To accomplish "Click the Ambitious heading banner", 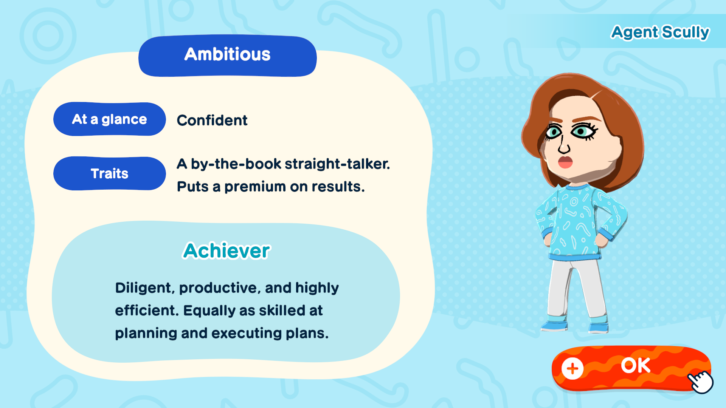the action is click(x=228, y=56).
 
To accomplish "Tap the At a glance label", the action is click(x=110, y=119).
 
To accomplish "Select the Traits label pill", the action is click(x=110, y=173).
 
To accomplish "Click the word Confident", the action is click(x=212, y=121).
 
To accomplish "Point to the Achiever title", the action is click(x=226, y=250).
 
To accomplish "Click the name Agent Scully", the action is click(x=660, y=32).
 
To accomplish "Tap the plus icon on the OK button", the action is click(x=572, y=368).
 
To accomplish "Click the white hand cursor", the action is click(x=701, y=382).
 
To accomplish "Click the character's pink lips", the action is click(x=565, y=162).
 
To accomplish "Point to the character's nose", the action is click(x=563, y=145).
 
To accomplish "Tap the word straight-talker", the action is click(x=337, y=164).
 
